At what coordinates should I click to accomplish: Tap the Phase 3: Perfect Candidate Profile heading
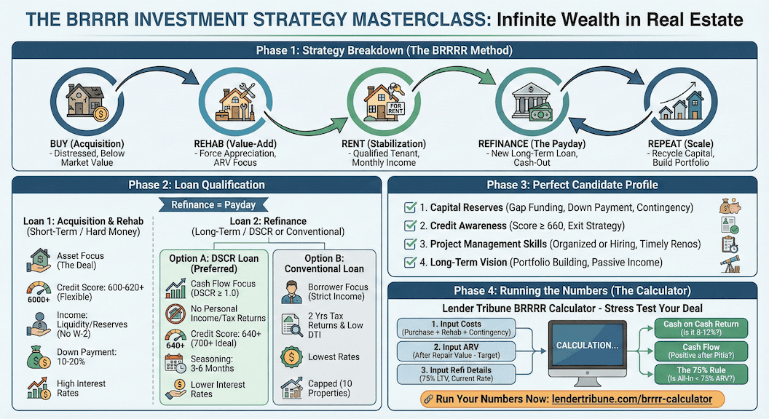pos(572,185)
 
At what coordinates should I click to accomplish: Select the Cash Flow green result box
pos(701,352)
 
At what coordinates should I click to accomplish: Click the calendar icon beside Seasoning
pos(175,362)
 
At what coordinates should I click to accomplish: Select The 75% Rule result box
pos(701,375)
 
